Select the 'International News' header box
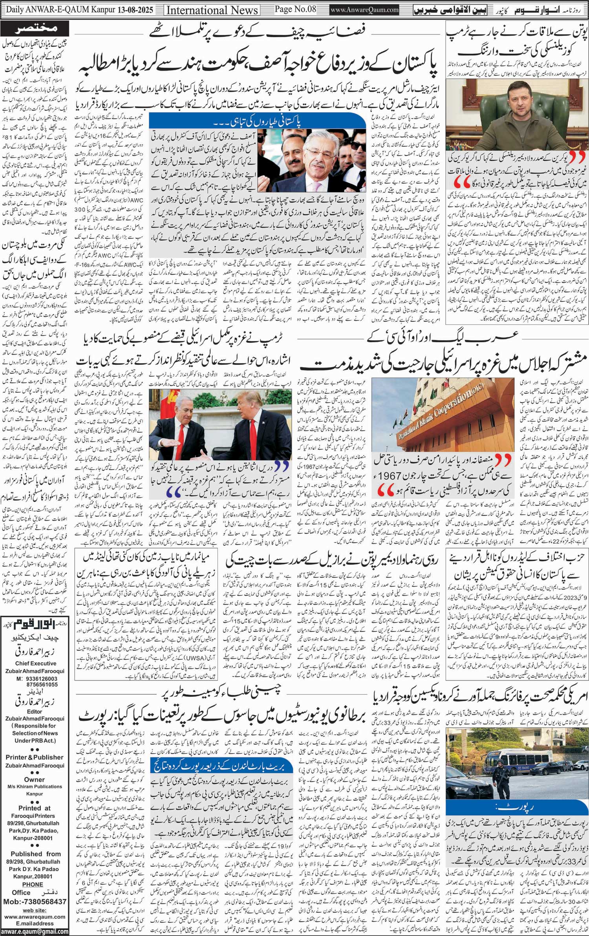click(212, 9)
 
